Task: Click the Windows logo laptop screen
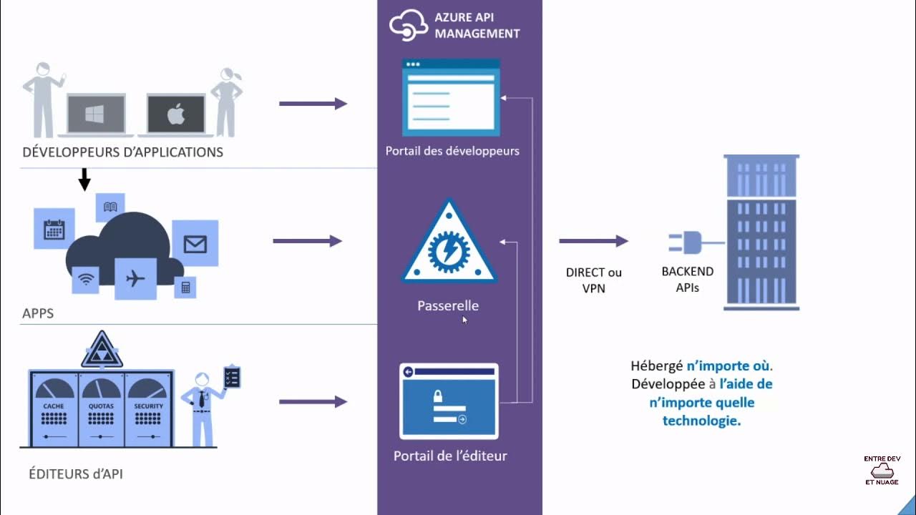pos(95,114)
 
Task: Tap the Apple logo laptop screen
pos(176,114)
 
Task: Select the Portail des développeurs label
pos(452,151)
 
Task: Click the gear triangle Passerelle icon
pos(449,245)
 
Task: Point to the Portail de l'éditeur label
pos(450,456)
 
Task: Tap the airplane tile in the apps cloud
pos(135,278)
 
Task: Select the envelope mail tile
pos(195,244)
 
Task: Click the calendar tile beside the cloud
pos(54,229)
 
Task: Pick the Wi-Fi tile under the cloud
pos(86,280)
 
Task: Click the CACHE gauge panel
pos(54,408)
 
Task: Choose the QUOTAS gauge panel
pos(101,408)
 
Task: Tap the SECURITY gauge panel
pos(148,408)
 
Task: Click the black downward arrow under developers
pos(84,179)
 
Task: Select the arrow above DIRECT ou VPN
pos(593,242)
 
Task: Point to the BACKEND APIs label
pos(687,280)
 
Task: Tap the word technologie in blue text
pos(701,421)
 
